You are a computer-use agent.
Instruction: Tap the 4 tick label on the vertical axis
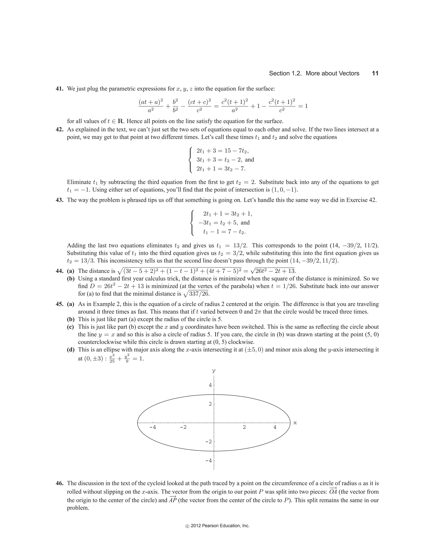tap(210, 385)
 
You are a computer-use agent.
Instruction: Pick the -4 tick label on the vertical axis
tap(209, 461)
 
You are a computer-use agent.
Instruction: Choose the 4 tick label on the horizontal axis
tap(275, 427)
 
